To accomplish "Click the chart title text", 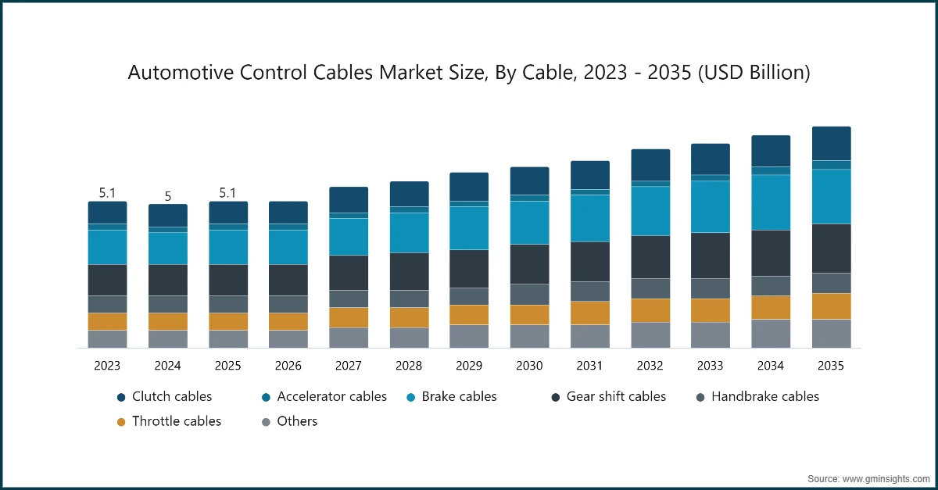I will (x=468, y=73).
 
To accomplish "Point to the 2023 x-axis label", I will (x=107, y=366).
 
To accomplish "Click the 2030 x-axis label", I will (x=529, y=366).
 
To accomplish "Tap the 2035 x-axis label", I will (x=831, y=366).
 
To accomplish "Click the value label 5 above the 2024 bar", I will (x=168, y=197).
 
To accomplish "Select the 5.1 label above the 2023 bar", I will (x=107, y=192).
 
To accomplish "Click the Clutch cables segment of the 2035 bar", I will (x=831, y=143).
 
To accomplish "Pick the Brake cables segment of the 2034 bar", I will (x=771, y=202).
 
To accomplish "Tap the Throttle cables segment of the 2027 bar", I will (x=349, y=317).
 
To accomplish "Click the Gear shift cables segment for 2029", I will (x=469, y=269).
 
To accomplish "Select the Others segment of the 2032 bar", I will (x=650, y=335).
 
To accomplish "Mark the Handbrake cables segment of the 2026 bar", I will (x=288, y=304).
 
